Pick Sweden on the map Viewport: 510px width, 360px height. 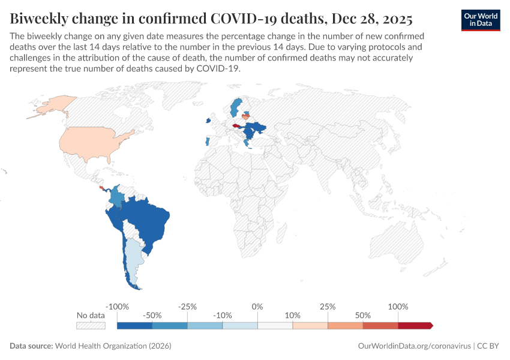236,108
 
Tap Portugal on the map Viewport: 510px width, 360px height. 208,142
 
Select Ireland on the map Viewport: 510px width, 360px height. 208,120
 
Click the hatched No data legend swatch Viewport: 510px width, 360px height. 91,326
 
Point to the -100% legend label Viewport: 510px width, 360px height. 117,307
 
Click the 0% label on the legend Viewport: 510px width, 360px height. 257,307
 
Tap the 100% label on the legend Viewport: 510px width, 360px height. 398,307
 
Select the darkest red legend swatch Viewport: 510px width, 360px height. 415,326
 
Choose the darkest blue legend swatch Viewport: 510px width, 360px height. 134,326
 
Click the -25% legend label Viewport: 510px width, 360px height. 187,307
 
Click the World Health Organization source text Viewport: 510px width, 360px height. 113,346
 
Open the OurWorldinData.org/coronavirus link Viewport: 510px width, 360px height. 413,346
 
